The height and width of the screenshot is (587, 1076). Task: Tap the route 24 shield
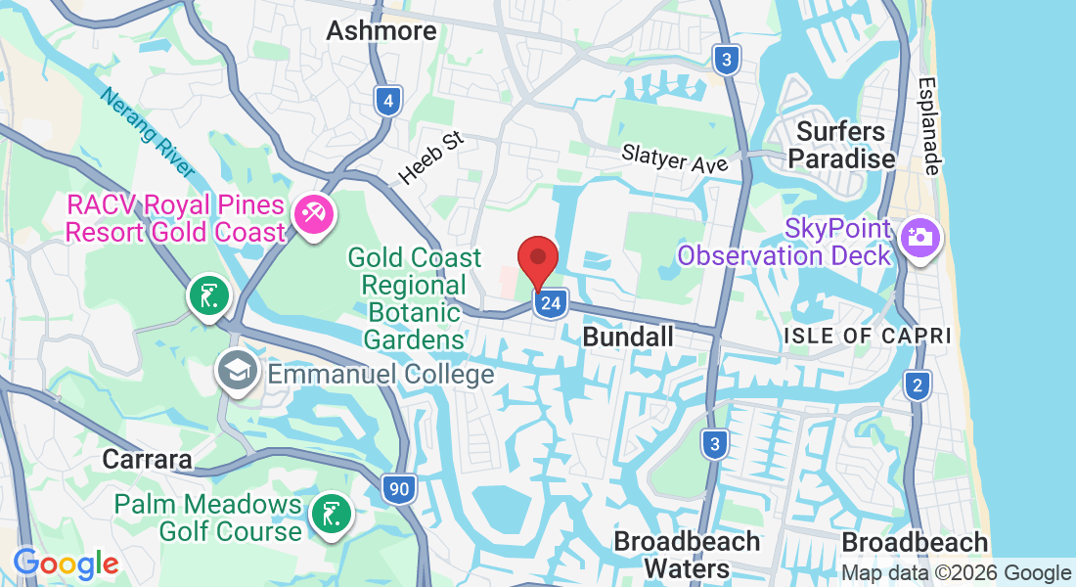(x=551, y=303)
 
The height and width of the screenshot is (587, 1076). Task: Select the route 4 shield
(x=388, y=101)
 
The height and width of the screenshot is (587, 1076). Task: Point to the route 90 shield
(x=397, y=488)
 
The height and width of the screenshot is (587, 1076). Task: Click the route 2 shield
(x=917, y=385)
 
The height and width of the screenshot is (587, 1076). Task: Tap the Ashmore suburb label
(x=381, y=31)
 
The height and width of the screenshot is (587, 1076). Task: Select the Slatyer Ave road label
(x=675, y=158)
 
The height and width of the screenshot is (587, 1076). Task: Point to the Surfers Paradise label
(x=841, y=145)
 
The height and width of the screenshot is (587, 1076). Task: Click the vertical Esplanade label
(x=928, y=126)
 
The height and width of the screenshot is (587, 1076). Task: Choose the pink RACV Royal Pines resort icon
(x=313, y=213)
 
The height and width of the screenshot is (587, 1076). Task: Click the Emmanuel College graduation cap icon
(x=238, y=372)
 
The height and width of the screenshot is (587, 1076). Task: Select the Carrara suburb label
(x=147, y=460)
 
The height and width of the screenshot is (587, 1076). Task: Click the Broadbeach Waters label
(x=687, y=555)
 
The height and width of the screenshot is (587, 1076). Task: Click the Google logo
(x=66, y=564)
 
